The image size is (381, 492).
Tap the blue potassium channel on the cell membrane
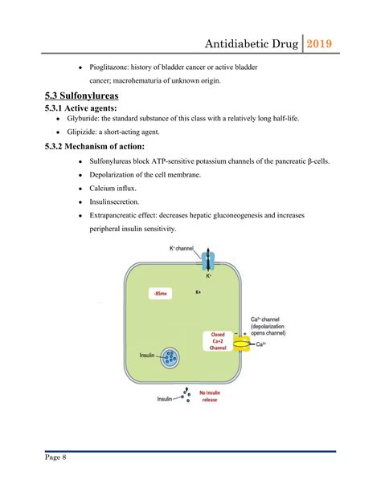pyautogui.click(x=208, y=262)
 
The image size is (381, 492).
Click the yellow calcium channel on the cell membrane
pyautogui.click(x=242, y=343)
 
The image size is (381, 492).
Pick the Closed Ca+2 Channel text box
pyautogui.click(x=218, y=342)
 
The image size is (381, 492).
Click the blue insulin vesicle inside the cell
pyautogui.click(x=170, y=357)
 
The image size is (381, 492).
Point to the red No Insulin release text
pyautogui.click(x=209, y=395)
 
